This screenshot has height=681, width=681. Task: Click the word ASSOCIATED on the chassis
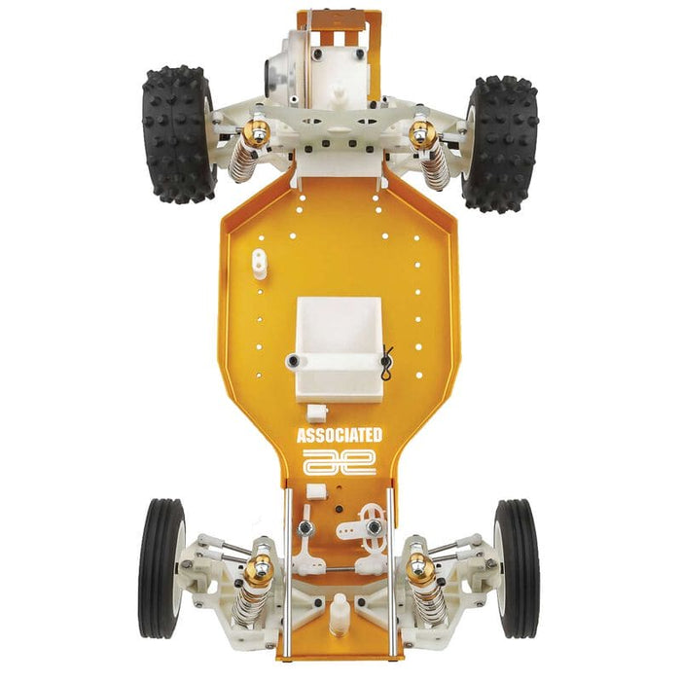(339, 436)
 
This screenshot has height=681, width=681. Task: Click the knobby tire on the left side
(178, 134)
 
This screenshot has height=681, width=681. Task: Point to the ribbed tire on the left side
(162, 568)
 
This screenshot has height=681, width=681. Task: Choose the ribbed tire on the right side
(516, 568)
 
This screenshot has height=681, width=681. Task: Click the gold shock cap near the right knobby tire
(419, 132)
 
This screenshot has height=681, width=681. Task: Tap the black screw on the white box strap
(293, 362)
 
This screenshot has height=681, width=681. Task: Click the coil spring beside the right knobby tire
(434, 161)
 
